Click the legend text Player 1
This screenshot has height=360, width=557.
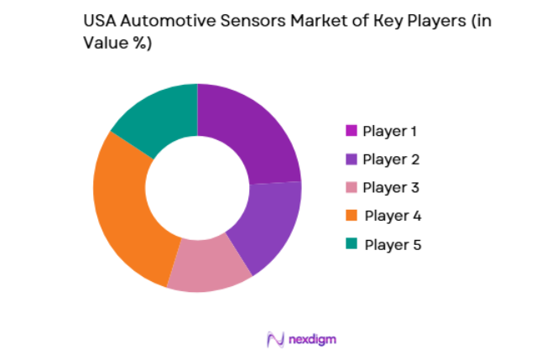click(390, 131)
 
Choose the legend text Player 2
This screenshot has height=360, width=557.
click(391, 159)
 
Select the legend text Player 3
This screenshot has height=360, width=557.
click(391, 187)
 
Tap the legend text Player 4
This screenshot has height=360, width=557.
click(391, 216)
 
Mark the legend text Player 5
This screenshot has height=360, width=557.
click(391, 244)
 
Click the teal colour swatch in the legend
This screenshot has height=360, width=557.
click(351, 244)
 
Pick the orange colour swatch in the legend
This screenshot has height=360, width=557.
click(351, 216)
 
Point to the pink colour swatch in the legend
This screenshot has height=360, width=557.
click(351, 187)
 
